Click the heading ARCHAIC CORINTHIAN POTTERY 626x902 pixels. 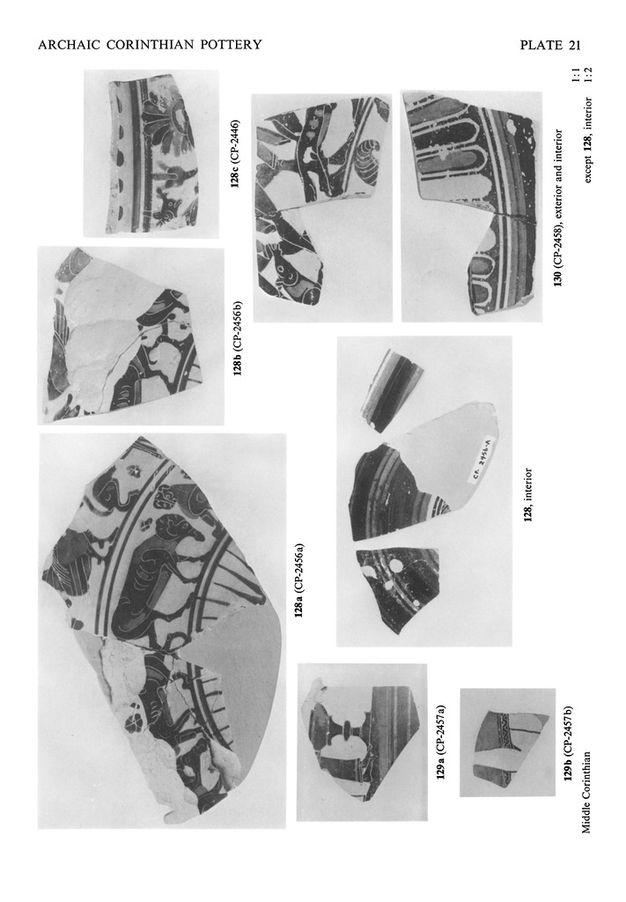pyautogui.click(x=150, y=45)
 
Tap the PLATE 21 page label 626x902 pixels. pyautogui.click(x=550, y=46)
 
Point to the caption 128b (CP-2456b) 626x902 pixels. pyautogui.click(x=238, y=337)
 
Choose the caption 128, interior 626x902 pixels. pyautogui.click(x=527, y=495)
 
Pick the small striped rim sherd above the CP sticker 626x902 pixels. pyautogui.click(x=391, y=390)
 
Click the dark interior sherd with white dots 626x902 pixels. pyautogui.click(x=397, y=588)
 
